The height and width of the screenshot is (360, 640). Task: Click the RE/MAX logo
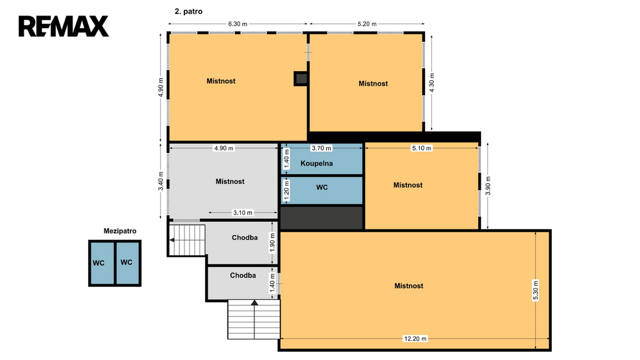[x=64, y=26]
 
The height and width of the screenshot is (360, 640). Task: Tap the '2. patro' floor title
[x=189, y=11]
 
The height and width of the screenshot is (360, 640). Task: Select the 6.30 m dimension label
[x=237, y=24]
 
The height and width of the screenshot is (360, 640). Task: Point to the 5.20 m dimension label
[x=367, y=24]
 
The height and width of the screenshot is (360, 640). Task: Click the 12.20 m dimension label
[x=415, y=338]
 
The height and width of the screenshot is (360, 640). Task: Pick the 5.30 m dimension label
[x=536, y=290]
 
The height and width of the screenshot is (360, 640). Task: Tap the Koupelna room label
[x=316, y=163]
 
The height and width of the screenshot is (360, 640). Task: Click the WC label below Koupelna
[x=322, y=187]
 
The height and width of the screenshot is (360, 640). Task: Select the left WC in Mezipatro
[x=98, y=263]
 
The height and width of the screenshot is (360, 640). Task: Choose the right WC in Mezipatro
[x=126, y=262]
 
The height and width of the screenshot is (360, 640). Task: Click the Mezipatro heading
[x=120, y=231]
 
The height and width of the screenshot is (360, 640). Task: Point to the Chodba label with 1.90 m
[x=244, y=237]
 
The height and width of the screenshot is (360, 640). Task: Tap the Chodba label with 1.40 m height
[x=243, y=275]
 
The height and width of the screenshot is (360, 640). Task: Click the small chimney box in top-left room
[x=301, y=79]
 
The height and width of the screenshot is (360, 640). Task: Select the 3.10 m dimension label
[x=242, y=212]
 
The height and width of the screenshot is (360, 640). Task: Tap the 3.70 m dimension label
[x=321, y=148]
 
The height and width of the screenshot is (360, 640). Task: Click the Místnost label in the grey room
[x=230, y=181]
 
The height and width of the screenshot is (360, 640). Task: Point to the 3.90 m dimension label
[x=487, y=186]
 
